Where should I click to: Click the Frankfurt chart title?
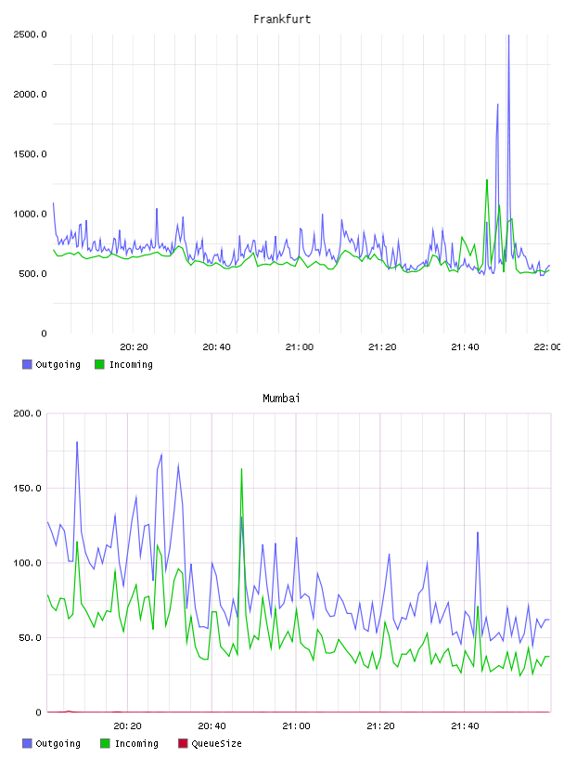(282, 20)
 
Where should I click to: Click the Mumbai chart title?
(281, 399)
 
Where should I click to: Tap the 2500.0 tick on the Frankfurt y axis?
(30, 34)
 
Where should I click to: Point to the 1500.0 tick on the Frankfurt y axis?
(30, 154)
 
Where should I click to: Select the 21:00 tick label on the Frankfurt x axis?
(300, 347)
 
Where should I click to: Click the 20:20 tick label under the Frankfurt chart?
(134, 347)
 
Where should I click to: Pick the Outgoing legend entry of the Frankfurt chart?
(51, 364)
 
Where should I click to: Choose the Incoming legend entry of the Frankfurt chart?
(123, 364)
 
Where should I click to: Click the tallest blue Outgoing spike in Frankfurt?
(508, 36)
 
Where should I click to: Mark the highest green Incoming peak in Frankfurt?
(487, 180)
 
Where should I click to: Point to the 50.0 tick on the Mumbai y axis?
(30, 637)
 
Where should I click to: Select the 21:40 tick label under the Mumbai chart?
(465, 726)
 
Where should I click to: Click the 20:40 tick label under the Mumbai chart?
(212, 726)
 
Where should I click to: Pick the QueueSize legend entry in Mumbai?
(210, 743)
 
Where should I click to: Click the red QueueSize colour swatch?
(183, 743)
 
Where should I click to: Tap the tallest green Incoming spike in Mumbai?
(241, 469)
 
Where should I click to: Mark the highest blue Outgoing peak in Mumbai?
(77, 442)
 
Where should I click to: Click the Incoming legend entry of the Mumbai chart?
(129, 743)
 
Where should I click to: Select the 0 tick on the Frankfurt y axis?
(44, 333)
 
